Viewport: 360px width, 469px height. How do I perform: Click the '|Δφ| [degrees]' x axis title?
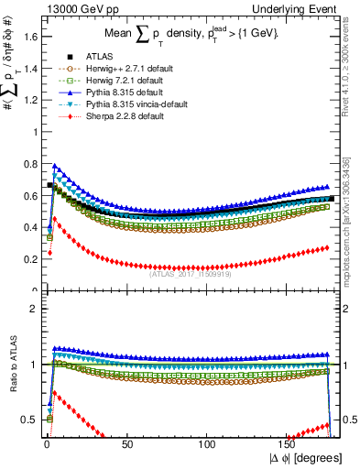(x=306, y=459)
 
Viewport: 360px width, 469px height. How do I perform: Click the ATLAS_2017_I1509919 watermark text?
(x=190, y=269)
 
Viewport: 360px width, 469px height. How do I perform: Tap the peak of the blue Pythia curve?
(x=55, y=166)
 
